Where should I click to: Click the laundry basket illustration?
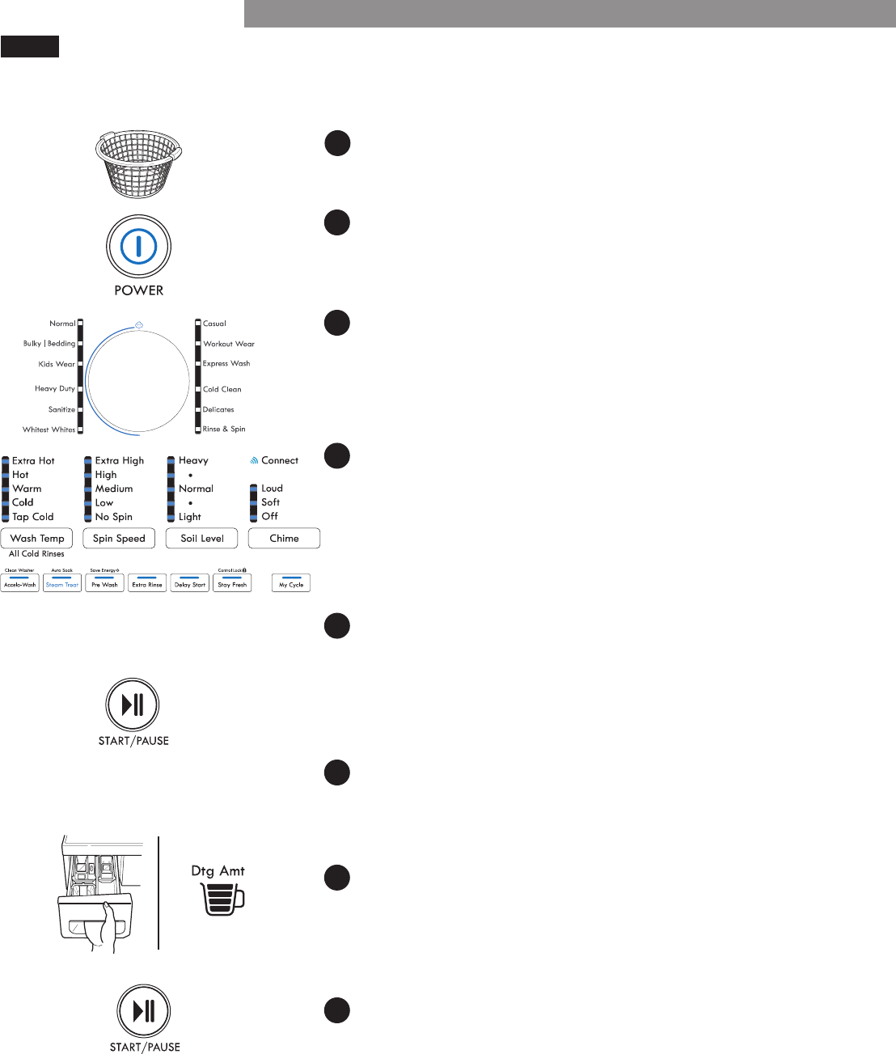(138, 163)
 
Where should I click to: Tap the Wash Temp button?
(37, 539)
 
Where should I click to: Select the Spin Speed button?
(119, 539)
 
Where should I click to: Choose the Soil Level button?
(202, 539)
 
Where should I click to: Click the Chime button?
(284, 539)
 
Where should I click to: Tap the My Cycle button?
(291, 583)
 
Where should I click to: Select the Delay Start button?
(190, 583)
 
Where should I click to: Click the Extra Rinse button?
(147, 583)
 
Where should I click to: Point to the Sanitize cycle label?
(61, 409)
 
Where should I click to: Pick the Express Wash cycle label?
(226, 364)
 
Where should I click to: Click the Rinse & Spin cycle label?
(224, 430)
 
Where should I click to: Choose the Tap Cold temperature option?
(33, 517)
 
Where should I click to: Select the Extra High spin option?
(120, 461)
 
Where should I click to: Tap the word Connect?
(280, 461)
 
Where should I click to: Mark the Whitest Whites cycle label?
(49, 430)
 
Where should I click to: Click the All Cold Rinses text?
(36, 554)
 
